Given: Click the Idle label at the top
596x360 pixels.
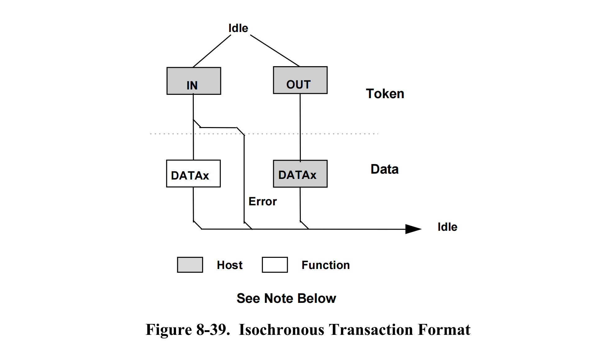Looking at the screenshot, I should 238,28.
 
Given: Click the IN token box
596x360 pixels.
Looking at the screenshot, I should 194,81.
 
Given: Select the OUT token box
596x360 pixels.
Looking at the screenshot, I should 300,80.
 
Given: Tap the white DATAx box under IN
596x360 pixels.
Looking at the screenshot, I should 193,174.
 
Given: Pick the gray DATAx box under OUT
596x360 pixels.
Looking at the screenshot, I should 300,174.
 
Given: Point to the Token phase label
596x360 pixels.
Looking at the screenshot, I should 385,94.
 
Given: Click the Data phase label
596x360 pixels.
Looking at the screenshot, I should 385,169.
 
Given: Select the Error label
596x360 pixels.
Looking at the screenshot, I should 263,202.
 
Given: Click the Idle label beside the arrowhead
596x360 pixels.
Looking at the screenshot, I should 447,227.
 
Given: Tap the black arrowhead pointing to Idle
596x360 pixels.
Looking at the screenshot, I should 413,229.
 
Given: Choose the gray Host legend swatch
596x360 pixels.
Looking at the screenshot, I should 190,265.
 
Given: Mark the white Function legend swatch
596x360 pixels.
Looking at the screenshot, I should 275,265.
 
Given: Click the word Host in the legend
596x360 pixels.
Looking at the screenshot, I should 230,265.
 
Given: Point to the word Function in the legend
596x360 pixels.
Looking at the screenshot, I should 326,265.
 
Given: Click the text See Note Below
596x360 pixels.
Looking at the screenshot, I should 286,298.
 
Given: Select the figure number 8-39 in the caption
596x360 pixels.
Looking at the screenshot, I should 213,330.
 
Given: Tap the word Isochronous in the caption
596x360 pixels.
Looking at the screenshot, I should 281,330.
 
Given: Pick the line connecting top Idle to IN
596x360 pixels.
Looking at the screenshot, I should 212,51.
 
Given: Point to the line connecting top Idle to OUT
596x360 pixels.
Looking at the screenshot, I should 275,50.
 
